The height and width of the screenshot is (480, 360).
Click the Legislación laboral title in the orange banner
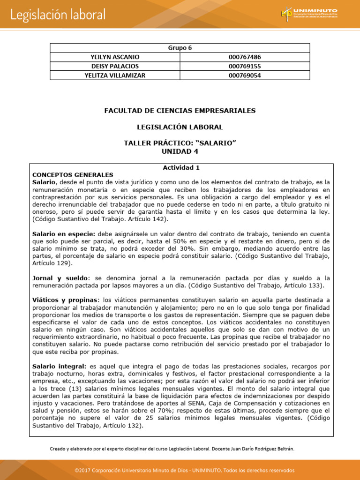click(58, 15)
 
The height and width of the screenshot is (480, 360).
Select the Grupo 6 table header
click(180, 48)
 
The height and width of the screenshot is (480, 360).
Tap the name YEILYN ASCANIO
click(115, 57)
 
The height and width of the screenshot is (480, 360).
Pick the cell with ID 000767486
click(244, 57)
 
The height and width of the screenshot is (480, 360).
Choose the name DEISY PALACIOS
click(115, 66)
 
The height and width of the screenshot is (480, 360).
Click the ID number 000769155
click(244, 66)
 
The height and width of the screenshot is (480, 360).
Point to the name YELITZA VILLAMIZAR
click(115, 75)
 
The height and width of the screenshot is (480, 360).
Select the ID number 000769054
click(244, 75)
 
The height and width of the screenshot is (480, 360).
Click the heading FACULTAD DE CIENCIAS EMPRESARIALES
click(180, 111)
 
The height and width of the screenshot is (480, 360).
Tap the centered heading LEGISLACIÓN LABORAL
click(180, 127)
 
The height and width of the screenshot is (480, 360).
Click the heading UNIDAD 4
click(180, 151)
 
